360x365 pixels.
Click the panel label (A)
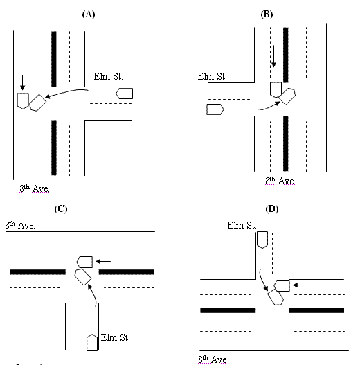[87, 13]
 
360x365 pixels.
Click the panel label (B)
[266, 13]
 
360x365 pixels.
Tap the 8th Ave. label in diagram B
[280, 181]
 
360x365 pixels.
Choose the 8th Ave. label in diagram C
[21, 225]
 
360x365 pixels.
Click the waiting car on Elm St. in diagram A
[125, 93]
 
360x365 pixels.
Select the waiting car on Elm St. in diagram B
[215, 109]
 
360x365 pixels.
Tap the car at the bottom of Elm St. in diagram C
[93, 342]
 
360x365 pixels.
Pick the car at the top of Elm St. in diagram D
[262, 240]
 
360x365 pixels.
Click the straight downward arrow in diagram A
[22, 82]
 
